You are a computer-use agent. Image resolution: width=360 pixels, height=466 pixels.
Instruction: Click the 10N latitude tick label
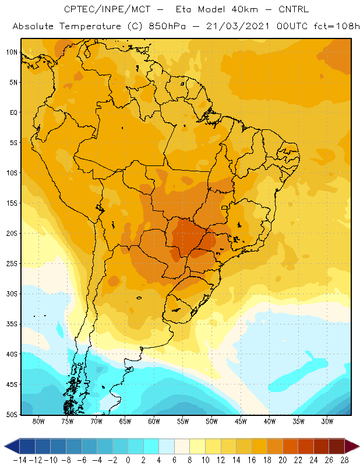(12, 52)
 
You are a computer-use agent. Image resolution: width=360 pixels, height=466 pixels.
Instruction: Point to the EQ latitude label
(13, 112)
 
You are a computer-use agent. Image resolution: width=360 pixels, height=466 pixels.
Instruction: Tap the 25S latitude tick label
(12, 264)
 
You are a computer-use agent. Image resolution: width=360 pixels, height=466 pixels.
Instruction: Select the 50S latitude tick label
(12, 414)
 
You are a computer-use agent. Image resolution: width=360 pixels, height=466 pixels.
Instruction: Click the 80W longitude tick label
(38, 421)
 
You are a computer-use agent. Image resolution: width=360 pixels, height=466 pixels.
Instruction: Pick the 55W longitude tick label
(183, 421)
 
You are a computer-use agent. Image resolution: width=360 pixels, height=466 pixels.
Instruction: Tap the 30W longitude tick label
(327, 421)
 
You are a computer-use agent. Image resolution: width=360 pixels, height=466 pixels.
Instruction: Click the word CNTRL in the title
(294, 9)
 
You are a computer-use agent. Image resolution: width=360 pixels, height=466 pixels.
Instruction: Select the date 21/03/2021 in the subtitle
(238, 26)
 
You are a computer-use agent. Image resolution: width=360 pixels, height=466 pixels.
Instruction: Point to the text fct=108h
(337, 26)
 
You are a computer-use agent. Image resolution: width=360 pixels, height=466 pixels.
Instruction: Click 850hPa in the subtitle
(167, 26)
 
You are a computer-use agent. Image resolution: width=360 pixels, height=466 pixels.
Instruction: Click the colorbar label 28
(345, 460)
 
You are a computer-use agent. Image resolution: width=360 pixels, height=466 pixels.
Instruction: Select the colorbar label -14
(20, 460)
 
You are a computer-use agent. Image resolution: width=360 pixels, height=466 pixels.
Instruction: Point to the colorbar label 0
(128, 460)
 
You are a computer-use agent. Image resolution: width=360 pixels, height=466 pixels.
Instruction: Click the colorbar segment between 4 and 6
(167, 446)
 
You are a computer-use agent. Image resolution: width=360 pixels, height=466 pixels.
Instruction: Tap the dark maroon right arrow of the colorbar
(352, 446)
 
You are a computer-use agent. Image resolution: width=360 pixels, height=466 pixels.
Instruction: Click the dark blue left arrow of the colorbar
(12, 446)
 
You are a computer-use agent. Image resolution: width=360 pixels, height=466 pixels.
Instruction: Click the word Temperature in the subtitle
(90, 26)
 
